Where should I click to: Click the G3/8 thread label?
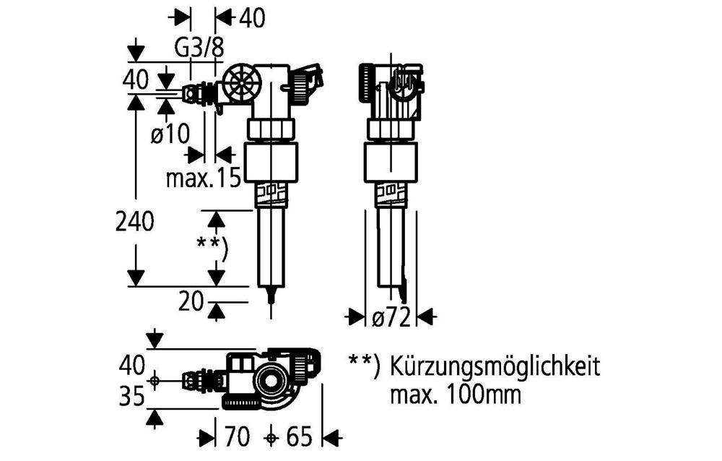pos(200,48)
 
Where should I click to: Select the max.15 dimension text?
pos(202,178)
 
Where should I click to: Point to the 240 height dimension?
pos(134,223)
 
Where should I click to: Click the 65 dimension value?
pos(299,436)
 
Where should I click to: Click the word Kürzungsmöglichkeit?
pos(495,366)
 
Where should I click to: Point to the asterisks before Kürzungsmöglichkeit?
pos(363,364)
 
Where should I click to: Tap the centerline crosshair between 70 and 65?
pos(271,436)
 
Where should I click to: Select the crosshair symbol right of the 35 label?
pos(154,380)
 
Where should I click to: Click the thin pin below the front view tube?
pos(271,300)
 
